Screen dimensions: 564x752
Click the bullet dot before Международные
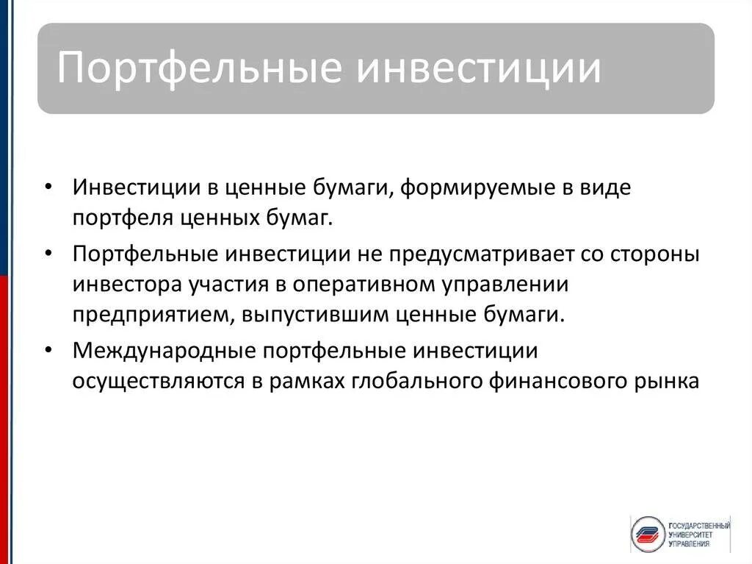click(x=48, y=351)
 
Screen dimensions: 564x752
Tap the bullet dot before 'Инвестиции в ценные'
click(x=48, y=188)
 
